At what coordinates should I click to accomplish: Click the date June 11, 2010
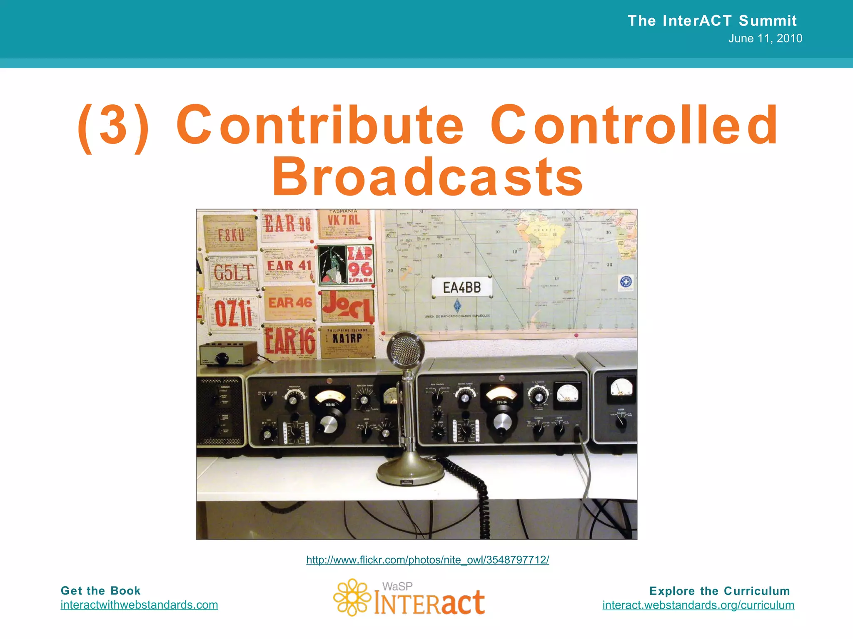pyautogui.click(x=765, y=38)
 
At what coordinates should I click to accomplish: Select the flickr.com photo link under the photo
pyautogui.click(x=427, y=560)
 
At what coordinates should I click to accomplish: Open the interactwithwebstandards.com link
pyautogui.click(x=139, y=604)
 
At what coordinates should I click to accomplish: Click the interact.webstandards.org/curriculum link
pyautogui.click(x=698, y=605)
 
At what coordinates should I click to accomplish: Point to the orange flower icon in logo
pyautogui.click(x=352, y=597)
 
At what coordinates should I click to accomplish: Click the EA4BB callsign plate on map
pyautogui.click(x=462, y=287)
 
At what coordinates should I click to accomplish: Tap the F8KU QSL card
pyautogui.click(x=230, y=234)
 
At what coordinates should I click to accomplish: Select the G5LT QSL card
pyautogui.click(x=233, y=272)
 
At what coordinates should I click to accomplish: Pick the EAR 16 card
pyautogui.click(x=290, y=341)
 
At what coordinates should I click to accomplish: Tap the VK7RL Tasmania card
pyautogui.click(x=344, y=224)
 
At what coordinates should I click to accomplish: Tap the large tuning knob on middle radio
pyautogui.click(x=502, y=422)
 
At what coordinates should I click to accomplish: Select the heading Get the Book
pyautogui.click(x=100, y=591)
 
